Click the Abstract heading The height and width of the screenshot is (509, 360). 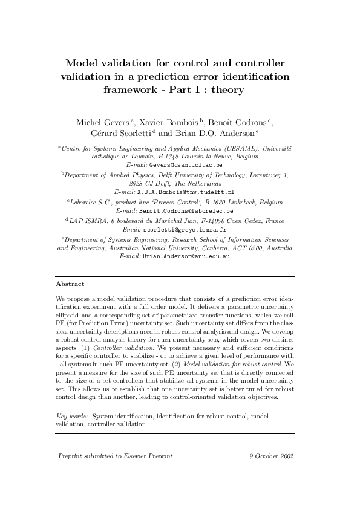[70, 284]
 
